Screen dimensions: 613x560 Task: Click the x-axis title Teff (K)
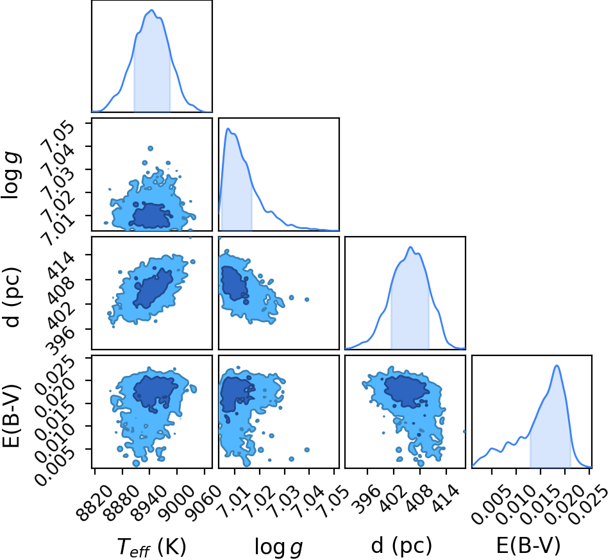(152, 546)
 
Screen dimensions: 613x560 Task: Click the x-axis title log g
(279, 547)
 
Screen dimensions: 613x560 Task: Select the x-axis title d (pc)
(401, 545)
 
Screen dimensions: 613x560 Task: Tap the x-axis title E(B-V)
(528, 545)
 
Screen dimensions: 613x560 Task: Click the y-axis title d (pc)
(13, 297)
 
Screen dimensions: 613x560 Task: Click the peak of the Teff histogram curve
(152, 10)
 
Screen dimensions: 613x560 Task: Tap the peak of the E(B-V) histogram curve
(557, 366)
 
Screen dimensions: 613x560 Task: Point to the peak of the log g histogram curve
(228, 128)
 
